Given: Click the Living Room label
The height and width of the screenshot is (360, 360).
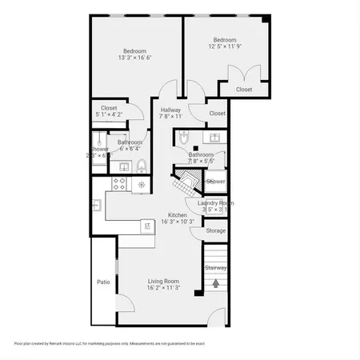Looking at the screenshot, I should [163, 282].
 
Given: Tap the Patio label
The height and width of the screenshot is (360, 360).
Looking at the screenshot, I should [103, 282].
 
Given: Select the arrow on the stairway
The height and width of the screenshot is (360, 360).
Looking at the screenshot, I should [216, 283].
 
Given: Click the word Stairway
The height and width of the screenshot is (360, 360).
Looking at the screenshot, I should [216, 267].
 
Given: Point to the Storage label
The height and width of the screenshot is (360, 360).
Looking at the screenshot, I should [216, 231].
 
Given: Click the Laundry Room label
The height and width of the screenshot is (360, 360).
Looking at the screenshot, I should [216, 203].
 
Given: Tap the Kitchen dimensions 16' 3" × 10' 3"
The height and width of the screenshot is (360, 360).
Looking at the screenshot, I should [177, 221].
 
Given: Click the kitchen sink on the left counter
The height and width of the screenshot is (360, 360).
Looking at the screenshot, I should [97, 206].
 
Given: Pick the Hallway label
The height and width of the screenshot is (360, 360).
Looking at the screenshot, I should [170, 110].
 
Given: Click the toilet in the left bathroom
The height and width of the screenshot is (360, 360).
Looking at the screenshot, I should [141, 166].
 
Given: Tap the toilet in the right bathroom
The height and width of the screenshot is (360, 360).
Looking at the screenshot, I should [183, 138].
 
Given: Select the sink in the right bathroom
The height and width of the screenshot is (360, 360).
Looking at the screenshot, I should [214, 138].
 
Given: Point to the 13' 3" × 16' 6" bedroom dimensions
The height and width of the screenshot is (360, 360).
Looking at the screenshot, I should [134, 58].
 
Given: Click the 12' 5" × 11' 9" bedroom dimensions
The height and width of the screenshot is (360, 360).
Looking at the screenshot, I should [224, 46].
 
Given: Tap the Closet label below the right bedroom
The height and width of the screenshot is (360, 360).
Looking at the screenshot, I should [244, 90].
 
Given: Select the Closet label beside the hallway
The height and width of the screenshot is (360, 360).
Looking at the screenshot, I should [217, 114].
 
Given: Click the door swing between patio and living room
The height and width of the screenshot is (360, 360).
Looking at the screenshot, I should [125, 304].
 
